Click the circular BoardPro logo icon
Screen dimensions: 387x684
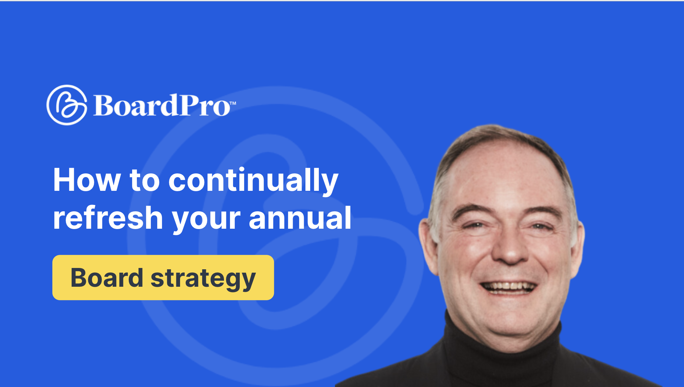click(67, 105)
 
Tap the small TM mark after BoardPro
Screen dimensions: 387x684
click(233, 103)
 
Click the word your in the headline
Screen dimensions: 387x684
click(206, 220)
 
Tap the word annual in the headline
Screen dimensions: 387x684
click(300, 218)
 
